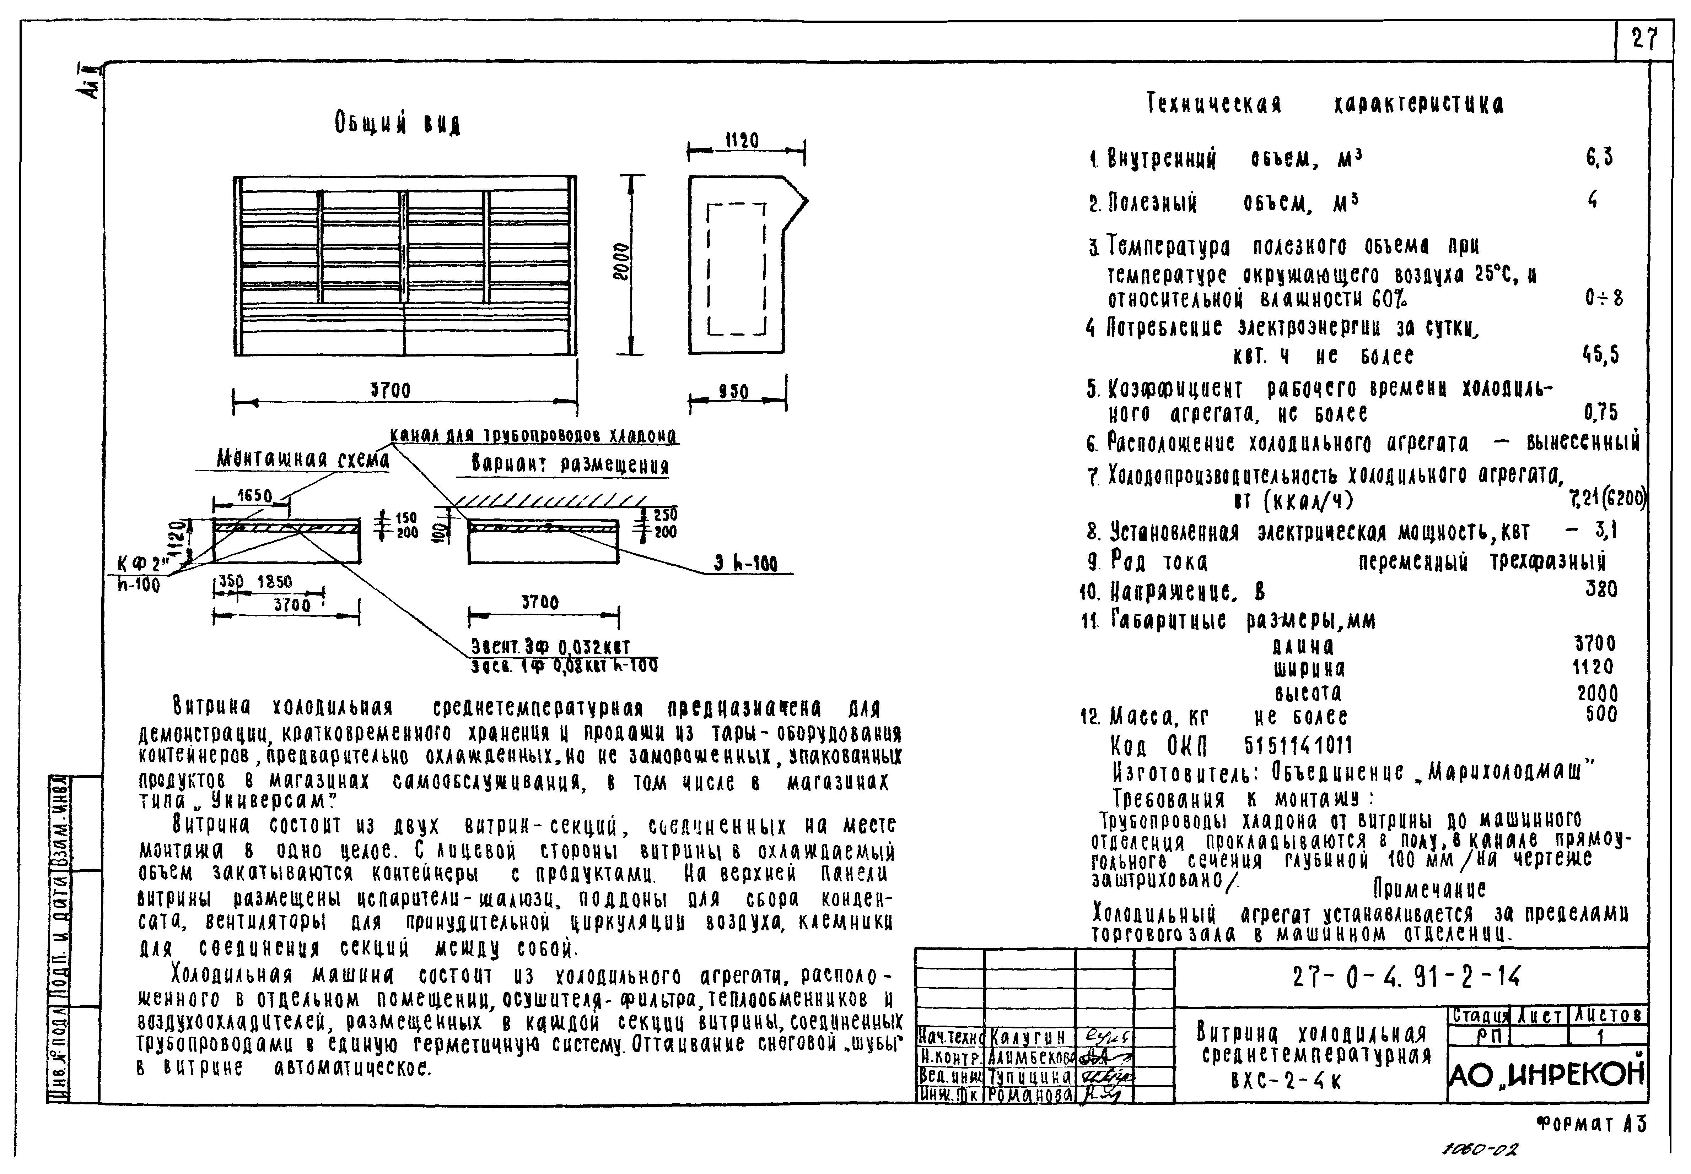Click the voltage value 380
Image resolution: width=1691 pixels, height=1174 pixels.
click(x=1601, y=589)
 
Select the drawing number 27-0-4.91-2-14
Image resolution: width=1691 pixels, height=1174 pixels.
click(x=1406, y=977)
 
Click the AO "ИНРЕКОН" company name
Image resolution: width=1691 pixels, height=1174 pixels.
click(x=1546, y=1075)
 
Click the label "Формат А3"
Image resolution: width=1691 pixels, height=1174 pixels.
click(x=1591, y=1124)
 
